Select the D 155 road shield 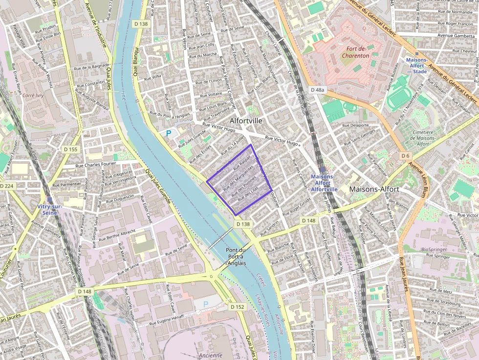click(71, 149)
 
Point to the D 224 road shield click(7, 186)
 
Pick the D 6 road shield click(405, 156)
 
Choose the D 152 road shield click(237, 307)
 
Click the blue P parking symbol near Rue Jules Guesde click(169, 133)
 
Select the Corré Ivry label click(33, 96)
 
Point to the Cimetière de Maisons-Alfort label click(417, 138)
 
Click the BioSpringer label click(434, 249)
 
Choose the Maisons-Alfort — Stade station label click(416, 65)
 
